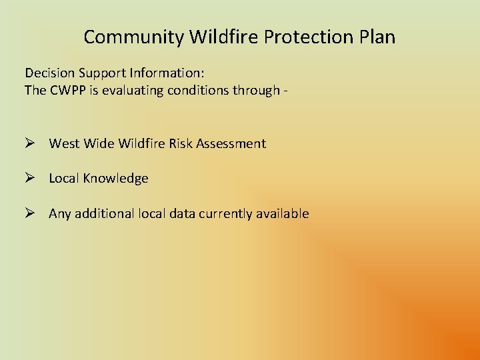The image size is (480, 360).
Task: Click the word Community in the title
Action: (133, 37)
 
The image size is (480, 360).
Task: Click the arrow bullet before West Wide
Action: (30, 143)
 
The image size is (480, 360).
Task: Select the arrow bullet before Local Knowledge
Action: (30, 179)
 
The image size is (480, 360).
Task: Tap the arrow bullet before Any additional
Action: (30, 214)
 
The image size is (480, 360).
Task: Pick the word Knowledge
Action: (115, 179)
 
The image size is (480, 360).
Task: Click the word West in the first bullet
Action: (64, 143)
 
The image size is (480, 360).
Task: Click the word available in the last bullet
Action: (283, 214)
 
